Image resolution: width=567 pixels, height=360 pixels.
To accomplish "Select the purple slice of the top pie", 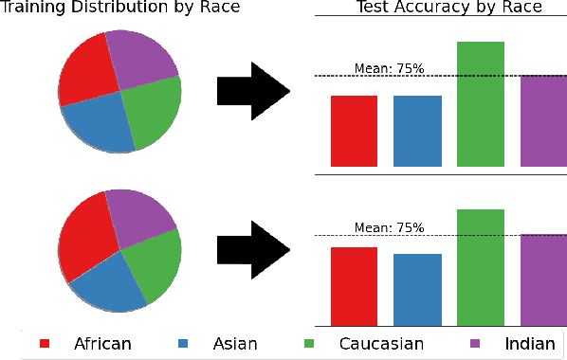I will pyautogui.click(x=143, y=55).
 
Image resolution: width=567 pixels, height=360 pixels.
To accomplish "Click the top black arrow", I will pyautogui.click(x=252, y=91).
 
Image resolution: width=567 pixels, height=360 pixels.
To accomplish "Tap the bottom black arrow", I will pyautogui.click(x=252, y=249).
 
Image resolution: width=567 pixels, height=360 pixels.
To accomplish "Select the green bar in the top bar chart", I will pyautogui.click(x=481, y=104).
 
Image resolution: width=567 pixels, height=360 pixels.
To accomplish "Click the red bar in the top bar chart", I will pyautogui.click(x=354, y=131).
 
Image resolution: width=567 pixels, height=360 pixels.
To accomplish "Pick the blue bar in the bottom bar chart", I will pyautogui.click(x=417, y=290).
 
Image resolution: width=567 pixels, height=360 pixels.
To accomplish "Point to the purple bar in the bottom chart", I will pyautogui.click(x=543, y=280).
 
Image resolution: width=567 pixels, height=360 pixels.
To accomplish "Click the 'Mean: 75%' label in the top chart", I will pyautogui.click(x=389, y=68).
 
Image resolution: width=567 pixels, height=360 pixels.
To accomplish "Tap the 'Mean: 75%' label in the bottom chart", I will pyautogui.click(x=389, y=227).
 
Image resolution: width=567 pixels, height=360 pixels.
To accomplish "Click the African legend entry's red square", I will pyautogui.click(x=44, y=343).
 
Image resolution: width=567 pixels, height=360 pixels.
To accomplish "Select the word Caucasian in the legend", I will pyautogui.click(x=381, y=343).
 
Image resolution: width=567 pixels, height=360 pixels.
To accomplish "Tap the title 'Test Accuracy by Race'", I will pyautogui.click(x=448, y=8).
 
